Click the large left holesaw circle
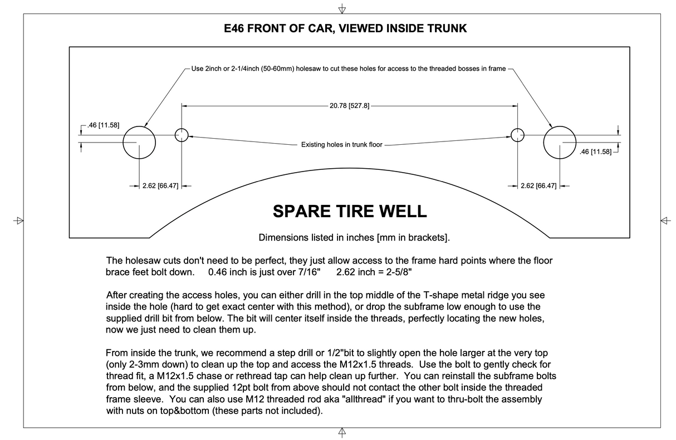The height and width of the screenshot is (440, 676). pyautogui.click(x=139, y=142)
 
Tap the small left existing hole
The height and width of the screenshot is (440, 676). pyautogui.click(x=182, y=135)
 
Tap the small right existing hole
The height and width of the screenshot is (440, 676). pyautogui.click(x=518, y=135)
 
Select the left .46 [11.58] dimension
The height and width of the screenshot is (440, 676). pyautogui.click(x=104, y=125)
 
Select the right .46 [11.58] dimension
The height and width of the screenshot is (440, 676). pyautogui.click(x=595, y=151)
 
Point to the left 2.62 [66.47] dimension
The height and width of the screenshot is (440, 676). pyautogui.click(x=160, y=186)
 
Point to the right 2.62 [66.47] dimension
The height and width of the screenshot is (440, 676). pyautogui.click(x=538, y=186)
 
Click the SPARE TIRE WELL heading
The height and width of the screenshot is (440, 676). pyautogui.click(x=349, y=212)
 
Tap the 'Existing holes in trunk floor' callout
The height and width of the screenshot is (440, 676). pyautogui.click(x=342, y=145)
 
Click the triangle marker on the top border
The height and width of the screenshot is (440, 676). pyautogui.click(x=342, y=9)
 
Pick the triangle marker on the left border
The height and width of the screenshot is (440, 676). pyautogui.click(x=19, y=220)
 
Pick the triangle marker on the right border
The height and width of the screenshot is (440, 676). pyautogui.click(x=665, y=220)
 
